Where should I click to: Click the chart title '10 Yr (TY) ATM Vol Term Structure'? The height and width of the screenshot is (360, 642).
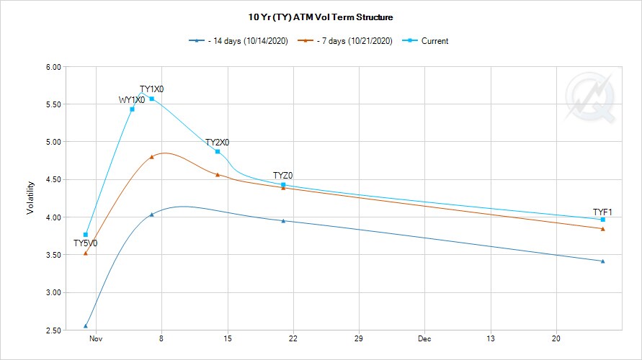click(x=321, y=17)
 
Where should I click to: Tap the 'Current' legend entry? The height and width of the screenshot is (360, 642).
click(x=434, y=41)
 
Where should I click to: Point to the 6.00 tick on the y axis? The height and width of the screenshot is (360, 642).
click(x=52, y=67)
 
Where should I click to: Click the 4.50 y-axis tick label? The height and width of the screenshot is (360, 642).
click(x=52, y=179)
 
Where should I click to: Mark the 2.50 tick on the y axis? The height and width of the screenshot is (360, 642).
click(x=52, y=330)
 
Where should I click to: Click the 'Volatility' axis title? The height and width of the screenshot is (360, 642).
click(x=30, y=198)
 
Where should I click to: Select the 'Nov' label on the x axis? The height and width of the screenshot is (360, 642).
click(x=96, y=338)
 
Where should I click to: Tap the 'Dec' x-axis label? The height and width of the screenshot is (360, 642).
click(x=424, y=338)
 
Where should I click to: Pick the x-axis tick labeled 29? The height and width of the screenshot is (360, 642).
click(x=358, y=338)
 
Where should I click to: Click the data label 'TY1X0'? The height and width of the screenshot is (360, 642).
click(x=151, y=89)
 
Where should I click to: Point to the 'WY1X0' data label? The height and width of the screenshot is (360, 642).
click(x=132, y=100)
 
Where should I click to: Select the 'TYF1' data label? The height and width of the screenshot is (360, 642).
click(x=602, y=212)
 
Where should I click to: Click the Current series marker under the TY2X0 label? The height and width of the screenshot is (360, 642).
click(x=218, y=151)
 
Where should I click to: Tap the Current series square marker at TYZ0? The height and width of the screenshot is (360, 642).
click(x=283, y=185)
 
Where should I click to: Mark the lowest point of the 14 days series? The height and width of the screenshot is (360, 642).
click(x=86, y=326)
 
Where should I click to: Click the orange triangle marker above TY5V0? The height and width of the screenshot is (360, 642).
click(x=86, y=253)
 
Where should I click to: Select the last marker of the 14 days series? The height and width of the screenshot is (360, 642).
click(x=602, y=261)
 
